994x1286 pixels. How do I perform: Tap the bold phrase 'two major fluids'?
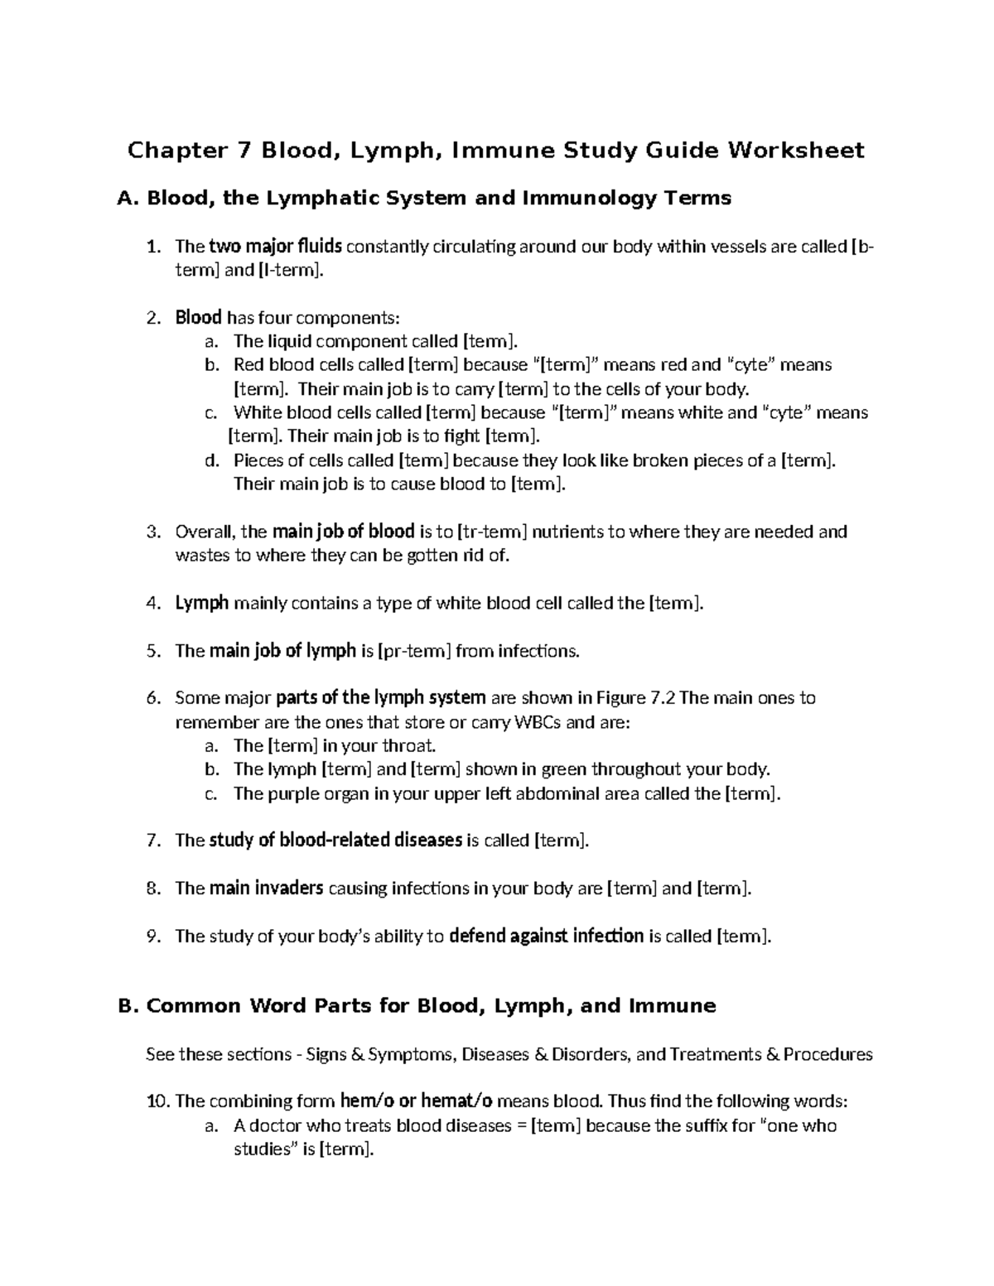click(275, 246)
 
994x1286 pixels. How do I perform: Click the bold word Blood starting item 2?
click(198, 317)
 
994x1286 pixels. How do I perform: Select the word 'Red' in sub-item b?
click(248, 364)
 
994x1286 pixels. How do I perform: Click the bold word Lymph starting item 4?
click(201, 603)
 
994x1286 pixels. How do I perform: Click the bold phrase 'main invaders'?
click(266, 889)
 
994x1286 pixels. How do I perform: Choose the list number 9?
click(152, 937)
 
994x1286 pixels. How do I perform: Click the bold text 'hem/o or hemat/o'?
click(417, 1101)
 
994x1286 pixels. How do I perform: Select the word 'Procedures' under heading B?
click(828, 1054)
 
